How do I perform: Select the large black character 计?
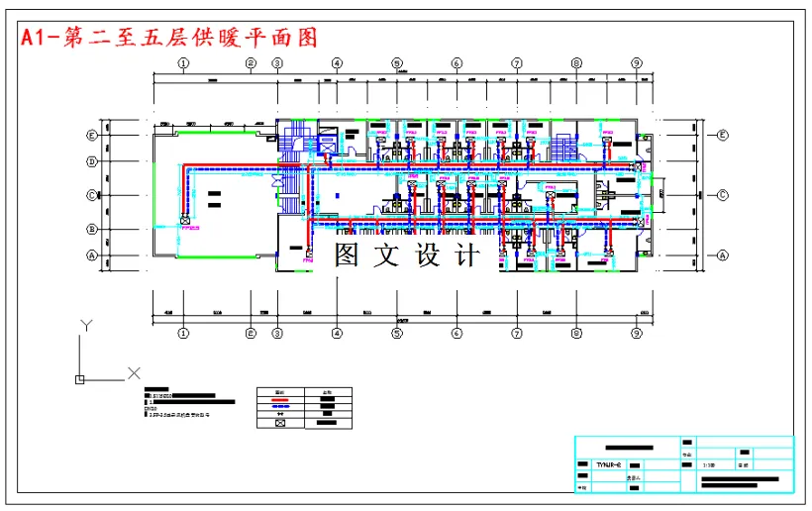click(465, 255)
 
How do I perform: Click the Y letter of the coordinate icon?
click(86, 325)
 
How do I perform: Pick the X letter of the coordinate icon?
click(134, 373)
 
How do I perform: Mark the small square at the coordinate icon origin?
click(80, 378)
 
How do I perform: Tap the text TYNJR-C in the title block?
click(608, 463)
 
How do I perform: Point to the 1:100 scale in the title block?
click(708, 463)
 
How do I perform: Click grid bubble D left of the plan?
click(92, 160)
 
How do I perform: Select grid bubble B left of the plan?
click(92, 229)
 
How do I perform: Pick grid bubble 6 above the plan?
click(457, 63)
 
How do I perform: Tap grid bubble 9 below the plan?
click(636, 334)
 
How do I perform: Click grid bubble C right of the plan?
click(723, 195)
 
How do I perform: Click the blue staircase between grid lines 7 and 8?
click(566, 150)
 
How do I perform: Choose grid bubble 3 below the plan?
click(277, 334)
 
